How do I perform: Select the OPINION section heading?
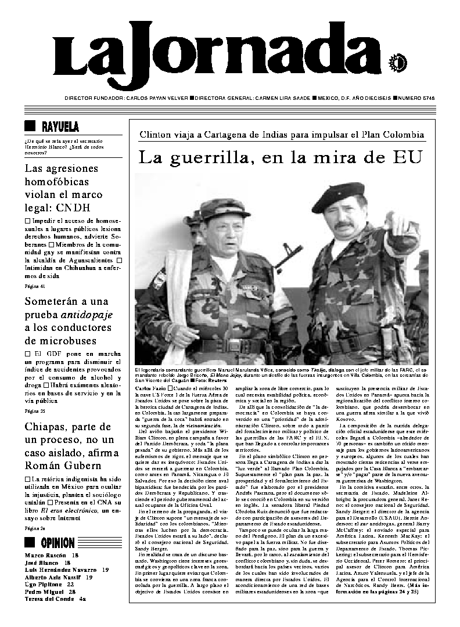coord(57,543)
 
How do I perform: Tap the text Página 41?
coord(35,286)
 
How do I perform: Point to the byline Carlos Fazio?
coord(146,387)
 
